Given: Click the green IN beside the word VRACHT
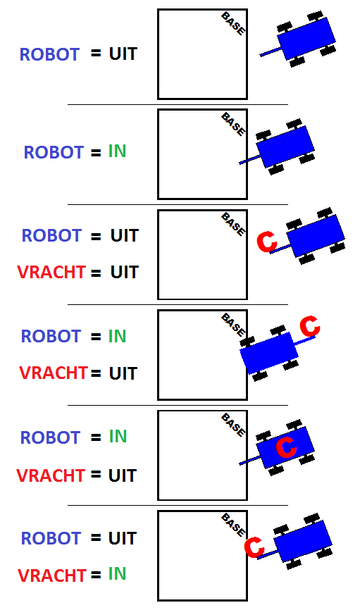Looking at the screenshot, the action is click(117, 574).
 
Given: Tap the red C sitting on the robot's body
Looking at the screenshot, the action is click(287, 447).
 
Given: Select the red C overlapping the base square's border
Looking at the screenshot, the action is click(254, 547).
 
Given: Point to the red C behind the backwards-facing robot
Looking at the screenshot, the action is click(310, 326).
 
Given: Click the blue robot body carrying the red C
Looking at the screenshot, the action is click(285, 447).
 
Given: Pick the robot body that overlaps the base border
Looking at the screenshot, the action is click(269, 353).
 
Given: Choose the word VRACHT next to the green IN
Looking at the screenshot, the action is click(51, 575).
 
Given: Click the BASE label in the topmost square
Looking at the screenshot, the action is click(233, 24).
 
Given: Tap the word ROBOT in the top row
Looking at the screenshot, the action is click(49, 54).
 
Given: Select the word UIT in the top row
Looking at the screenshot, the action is click(123, 54).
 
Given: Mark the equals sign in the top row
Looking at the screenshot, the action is click(96, 54).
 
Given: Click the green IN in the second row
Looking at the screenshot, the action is click(117, 151).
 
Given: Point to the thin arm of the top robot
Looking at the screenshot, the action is click(271, 52).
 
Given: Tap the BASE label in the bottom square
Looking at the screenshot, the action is click(233, 525).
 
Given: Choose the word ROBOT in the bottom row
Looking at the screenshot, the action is click(51, 538).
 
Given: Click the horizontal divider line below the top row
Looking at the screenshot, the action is click(178, 105).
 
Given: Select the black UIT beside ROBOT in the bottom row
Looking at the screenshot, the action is click(122, 538).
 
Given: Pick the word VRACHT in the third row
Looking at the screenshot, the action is click(51, 272).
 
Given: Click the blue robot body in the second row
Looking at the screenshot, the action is click(285, 147).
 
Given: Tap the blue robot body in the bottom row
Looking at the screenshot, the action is click(303, 541).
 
